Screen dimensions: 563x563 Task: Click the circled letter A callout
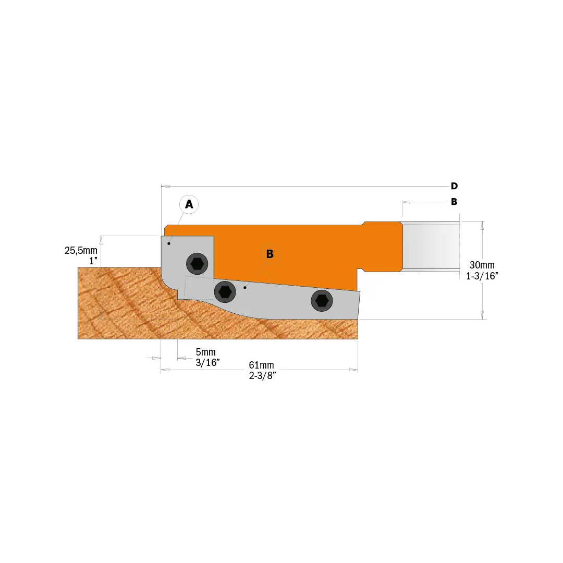[x=189, y=204]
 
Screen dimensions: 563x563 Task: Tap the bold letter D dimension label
[x=454, y=186]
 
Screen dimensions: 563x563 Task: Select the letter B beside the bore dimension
[x=454, y=202]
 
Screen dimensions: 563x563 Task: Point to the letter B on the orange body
[x=270, y=254]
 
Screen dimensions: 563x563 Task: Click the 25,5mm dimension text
[x=81, y=250]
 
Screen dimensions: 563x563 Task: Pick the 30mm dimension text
[x=482, y=265]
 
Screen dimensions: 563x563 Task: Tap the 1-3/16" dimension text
[x=482, y=276]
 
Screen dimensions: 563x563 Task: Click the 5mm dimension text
[x=205, y=352]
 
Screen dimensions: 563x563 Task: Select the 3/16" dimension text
[x=207, y=363]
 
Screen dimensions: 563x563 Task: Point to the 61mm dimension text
[x=261, y=365]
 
